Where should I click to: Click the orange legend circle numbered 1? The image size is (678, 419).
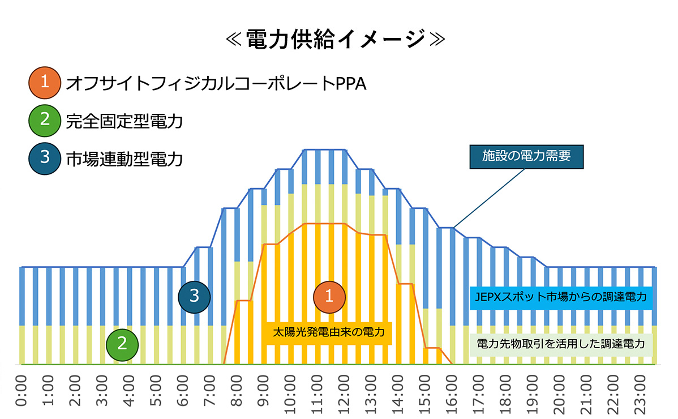pos(44,83)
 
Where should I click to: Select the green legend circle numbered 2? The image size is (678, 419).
pos(44,121)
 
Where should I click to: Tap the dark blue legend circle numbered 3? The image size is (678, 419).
pos(44,158)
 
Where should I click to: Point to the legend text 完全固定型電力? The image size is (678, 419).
pos(125,121)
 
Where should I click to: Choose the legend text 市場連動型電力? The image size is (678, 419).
pos(125,159)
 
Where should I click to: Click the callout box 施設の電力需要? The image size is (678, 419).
pos(526,157)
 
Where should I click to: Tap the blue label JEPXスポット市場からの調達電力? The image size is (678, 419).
pos(561,296)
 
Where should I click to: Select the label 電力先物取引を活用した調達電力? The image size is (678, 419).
pos(561,344)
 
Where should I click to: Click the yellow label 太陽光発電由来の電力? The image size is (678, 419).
pos(328,332)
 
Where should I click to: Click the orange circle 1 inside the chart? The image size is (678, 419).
pos(331,296)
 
